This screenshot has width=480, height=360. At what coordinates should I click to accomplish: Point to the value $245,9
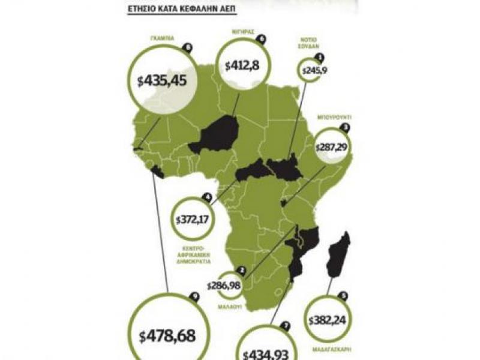311,71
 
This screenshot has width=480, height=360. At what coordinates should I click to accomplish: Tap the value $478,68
166,335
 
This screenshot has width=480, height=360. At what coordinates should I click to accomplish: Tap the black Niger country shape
215,135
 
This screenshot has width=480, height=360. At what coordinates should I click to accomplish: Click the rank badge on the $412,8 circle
260,38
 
